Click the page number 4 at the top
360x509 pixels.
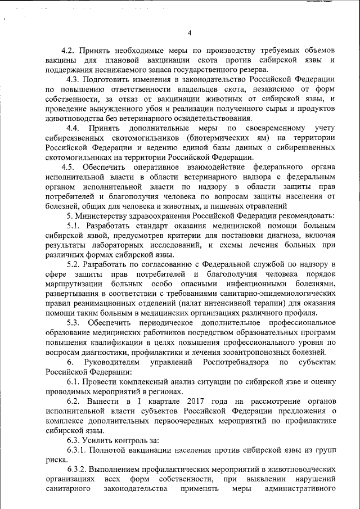pyautogui.click(x=190, y=33)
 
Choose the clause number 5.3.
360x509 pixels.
pyautogui.click(x=74, y=322)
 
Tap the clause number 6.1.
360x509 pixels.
pyautogui.click(x=74, y=382)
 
